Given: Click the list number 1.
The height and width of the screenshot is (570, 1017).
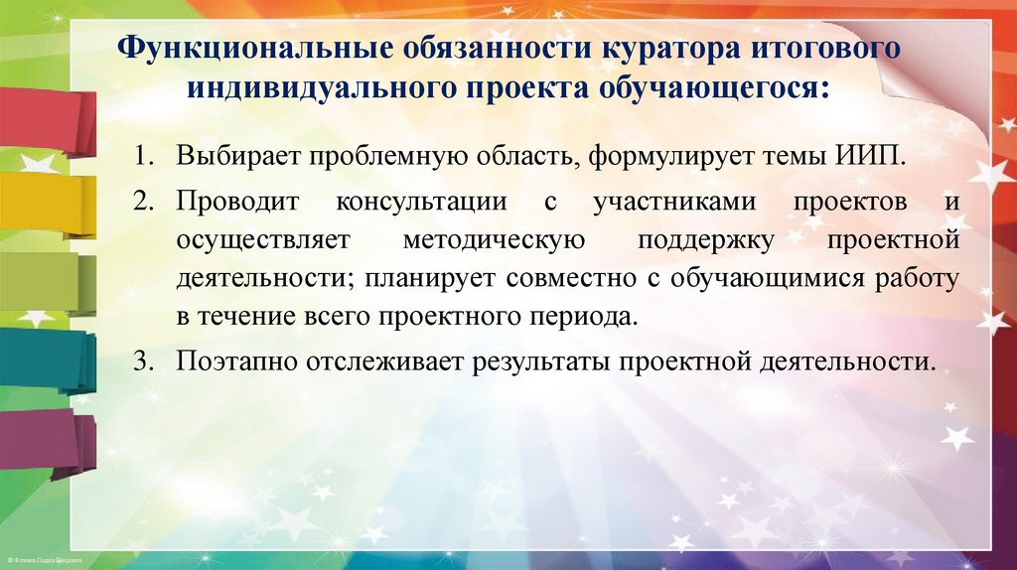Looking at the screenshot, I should [x=146, y=158].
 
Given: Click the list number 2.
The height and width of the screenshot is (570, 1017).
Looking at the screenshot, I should [x=146, y=202].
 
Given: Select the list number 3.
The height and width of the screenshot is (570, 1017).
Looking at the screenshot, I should [x=146, y=359].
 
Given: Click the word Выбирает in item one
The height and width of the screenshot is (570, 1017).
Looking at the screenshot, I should [x=237, y=158].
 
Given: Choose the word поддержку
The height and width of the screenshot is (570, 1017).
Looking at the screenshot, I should [x=692, y=241].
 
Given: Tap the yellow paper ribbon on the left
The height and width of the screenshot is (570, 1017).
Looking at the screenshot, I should [x=45, y=204].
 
